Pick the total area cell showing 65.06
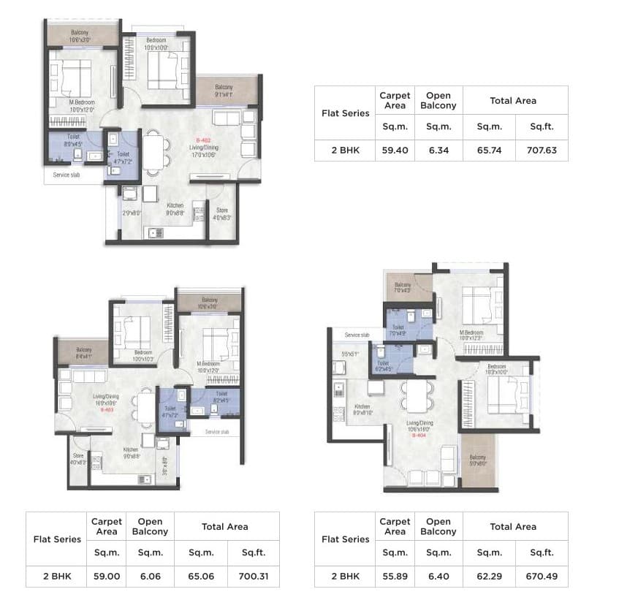(x=200, y=577)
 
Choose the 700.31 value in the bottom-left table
(x=253, y=577)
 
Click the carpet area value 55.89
(x=395, y=577)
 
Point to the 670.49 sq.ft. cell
(x=541, y=577)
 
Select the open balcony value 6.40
(x=438, y=577)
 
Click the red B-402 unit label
(x=204, y=140)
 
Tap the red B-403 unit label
(x=107, y=409)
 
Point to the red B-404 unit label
(x=419, y=436)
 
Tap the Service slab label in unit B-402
(x=67, y=175)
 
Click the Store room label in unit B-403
(x=78, y=458)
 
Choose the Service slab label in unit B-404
(x=357, y=335)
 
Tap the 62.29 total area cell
(x=489, y=577)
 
